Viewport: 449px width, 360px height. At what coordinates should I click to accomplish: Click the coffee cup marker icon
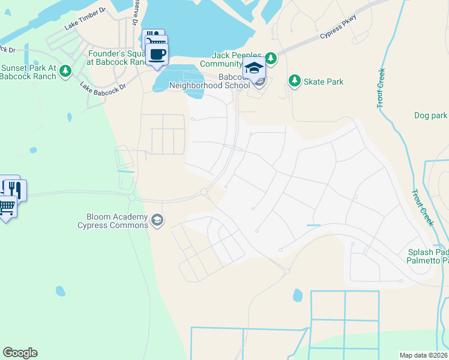(x=157, y=55)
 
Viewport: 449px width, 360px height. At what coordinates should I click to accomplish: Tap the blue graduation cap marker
(x=254, y=68)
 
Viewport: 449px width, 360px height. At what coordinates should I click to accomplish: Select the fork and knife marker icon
(x=14, y=190)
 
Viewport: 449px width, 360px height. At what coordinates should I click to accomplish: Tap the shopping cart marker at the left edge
(x=6, y=207)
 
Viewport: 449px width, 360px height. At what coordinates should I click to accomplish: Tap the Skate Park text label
(x=324, y=81)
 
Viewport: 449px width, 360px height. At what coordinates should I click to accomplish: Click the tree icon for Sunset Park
(x=65, y=72)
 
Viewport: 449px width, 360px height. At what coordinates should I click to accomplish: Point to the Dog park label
(x=430, y=115)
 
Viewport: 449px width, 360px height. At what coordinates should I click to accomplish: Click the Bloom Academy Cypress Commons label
(x=113, y=221)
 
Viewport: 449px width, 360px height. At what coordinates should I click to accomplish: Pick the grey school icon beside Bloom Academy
(x=157, y=221)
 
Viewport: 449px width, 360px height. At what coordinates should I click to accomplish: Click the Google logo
(x=20, y=353)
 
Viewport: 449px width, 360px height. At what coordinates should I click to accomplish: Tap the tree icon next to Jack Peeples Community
(x=271, y=58)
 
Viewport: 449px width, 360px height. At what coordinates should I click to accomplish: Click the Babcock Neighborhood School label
(x=209, y=81)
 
